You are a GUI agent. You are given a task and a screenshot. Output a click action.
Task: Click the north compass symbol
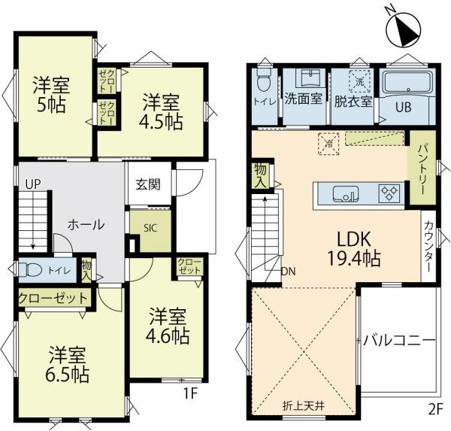404,29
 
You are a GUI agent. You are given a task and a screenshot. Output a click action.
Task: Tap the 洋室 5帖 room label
51,95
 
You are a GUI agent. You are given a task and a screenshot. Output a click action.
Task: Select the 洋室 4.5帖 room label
161,112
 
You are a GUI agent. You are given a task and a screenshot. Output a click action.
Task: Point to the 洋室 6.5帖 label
67,365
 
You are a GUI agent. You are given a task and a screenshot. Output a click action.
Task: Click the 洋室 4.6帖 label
168,326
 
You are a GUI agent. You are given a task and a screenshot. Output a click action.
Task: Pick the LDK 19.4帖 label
354,249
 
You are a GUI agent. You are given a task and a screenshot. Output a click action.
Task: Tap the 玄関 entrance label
148,184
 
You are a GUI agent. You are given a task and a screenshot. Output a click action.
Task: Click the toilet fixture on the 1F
30,270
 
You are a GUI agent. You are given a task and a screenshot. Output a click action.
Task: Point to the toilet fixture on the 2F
263,81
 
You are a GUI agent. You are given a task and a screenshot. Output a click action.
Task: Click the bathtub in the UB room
407,82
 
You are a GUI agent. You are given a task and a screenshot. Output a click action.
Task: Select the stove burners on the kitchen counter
389,193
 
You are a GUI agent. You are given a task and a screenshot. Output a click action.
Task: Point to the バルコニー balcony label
399,341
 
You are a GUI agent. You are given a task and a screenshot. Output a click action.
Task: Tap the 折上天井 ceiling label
304,405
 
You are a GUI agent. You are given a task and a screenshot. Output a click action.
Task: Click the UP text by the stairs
33,184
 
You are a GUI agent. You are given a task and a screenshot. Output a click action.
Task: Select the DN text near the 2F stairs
288,272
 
